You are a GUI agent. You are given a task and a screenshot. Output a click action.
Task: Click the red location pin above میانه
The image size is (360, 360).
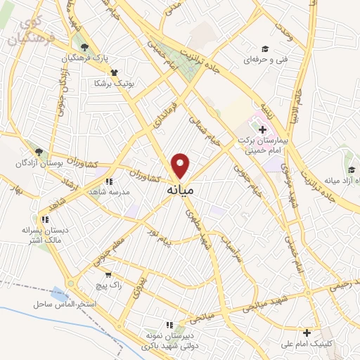181,166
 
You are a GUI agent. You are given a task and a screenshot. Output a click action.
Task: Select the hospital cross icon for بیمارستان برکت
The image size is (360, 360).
262,130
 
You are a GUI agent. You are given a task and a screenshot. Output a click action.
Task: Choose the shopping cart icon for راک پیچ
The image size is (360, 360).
108,275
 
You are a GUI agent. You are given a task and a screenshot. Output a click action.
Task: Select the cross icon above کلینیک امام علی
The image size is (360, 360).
306,333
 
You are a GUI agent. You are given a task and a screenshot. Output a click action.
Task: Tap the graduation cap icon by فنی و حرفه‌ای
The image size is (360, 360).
265,49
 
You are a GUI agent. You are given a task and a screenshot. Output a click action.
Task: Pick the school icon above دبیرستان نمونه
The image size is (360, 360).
169,324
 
